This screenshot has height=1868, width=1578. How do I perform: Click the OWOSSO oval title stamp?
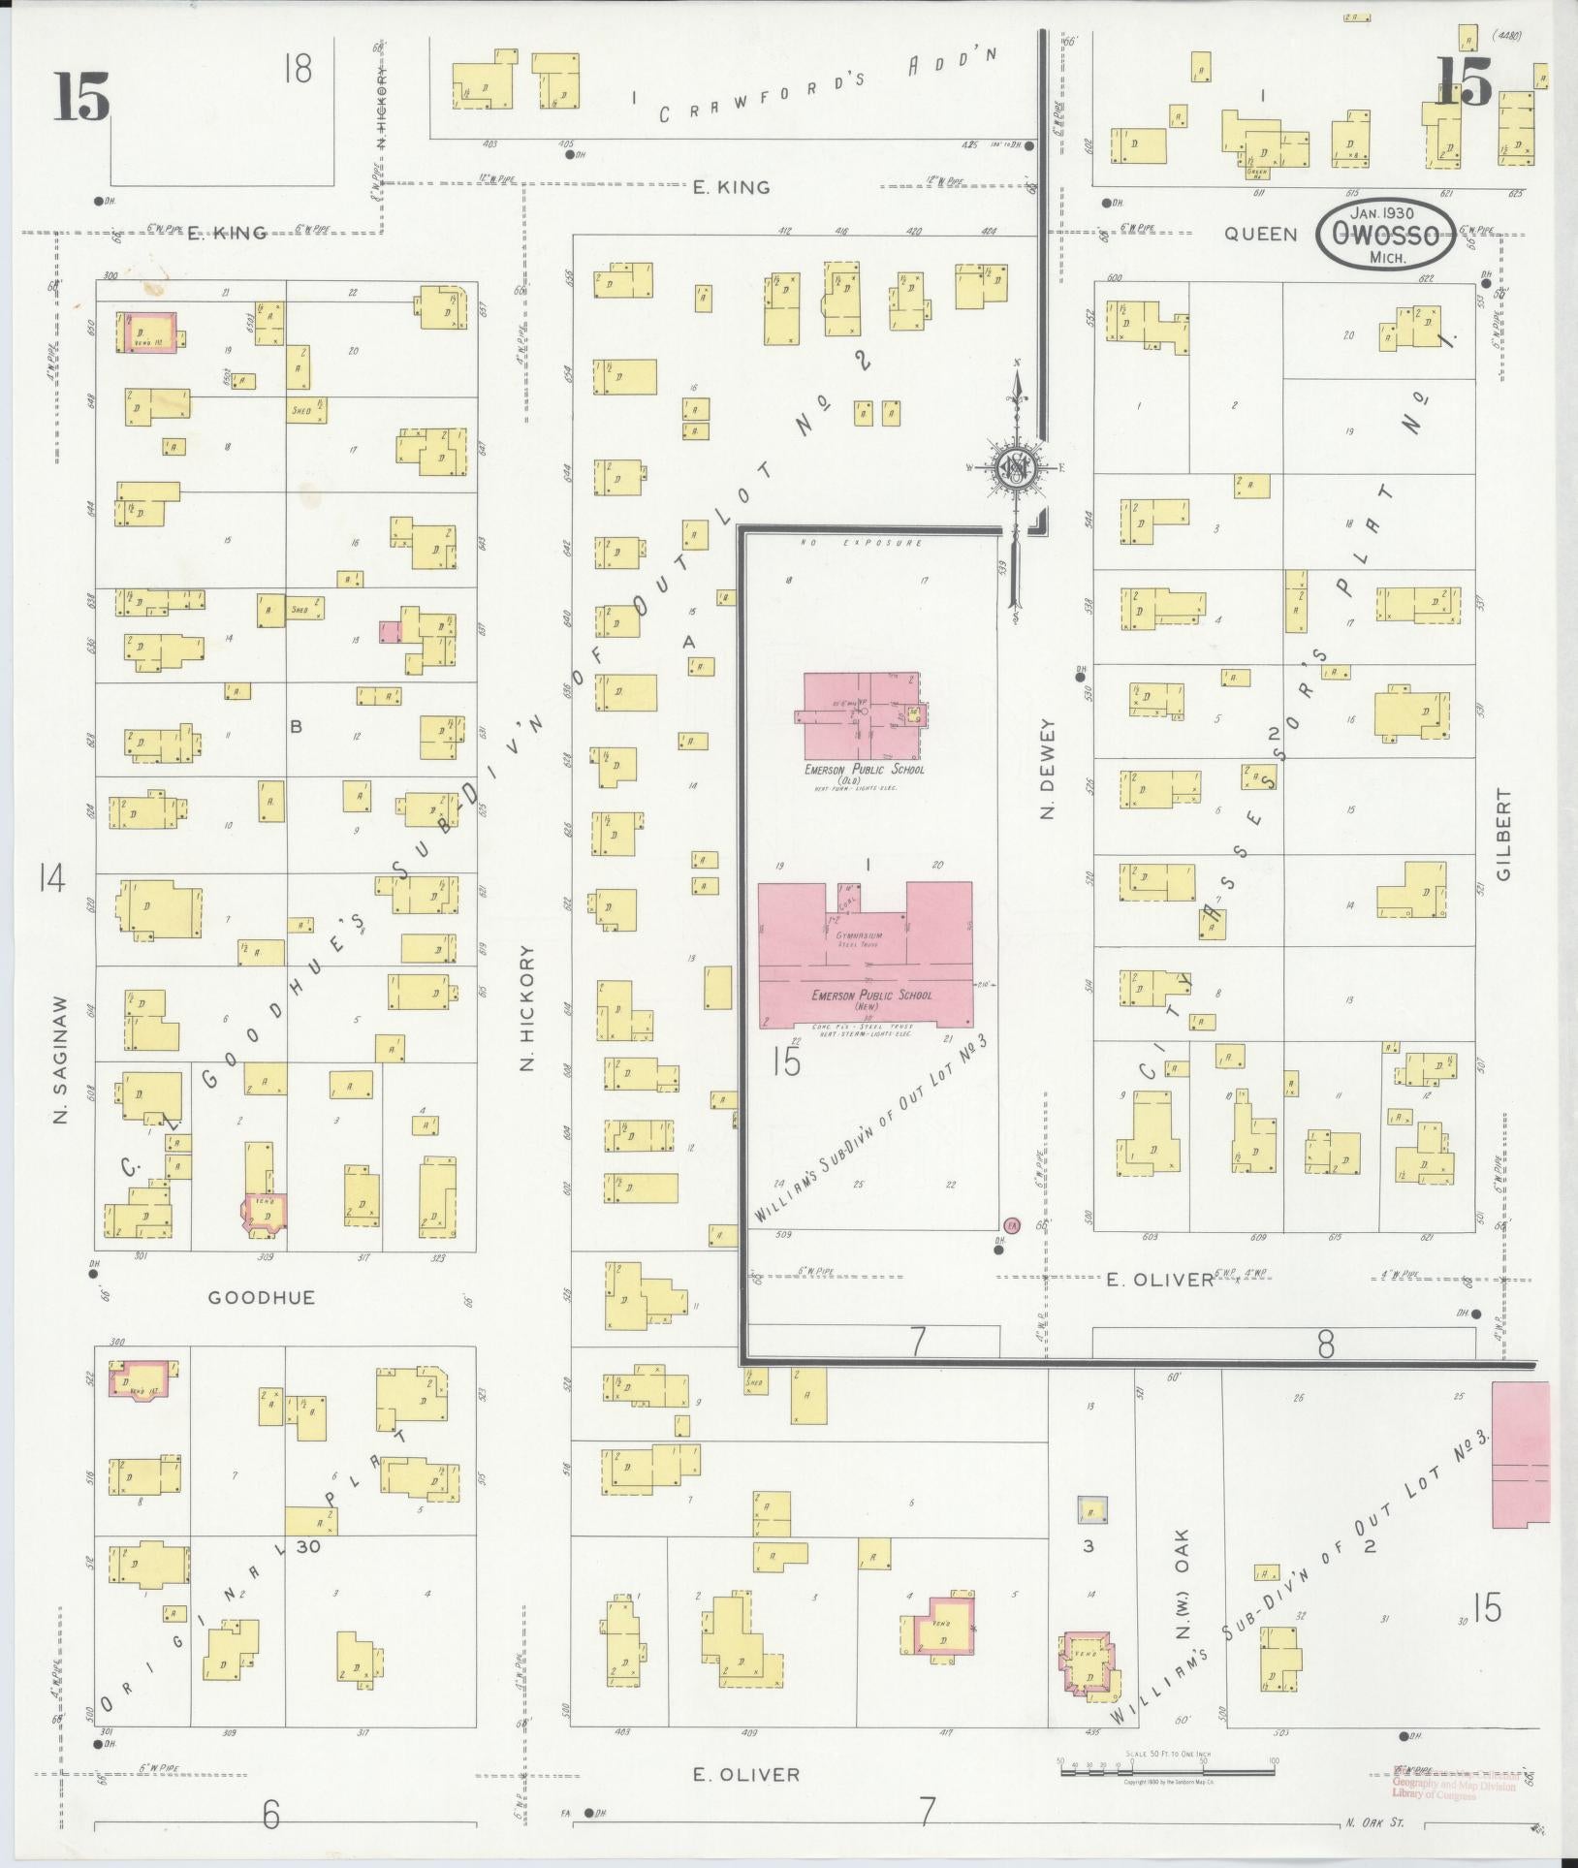click(1385, 234)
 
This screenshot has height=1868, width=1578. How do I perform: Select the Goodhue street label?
click(262, 1297)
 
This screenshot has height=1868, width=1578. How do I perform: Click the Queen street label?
click(1260, 234)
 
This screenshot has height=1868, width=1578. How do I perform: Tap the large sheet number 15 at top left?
click(81, 97)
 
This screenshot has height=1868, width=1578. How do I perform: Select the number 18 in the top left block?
click(299, 70)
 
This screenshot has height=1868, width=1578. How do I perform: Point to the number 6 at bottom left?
click(270, 1814)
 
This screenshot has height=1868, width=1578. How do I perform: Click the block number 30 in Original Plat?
click(308, 1547)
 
